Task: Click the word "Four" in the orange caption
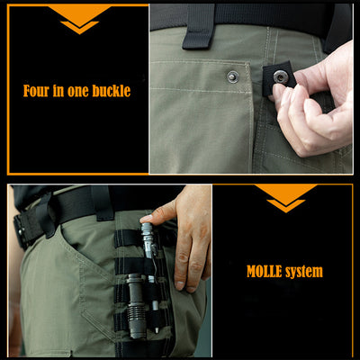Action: point(36,91)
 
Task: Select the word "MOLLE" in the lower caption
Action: point(265,272)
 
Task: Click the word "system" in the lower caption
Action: point(304,273)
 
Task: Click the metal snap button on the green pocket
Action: point(232,76)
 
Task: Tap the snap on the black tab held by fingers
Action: point(281,77)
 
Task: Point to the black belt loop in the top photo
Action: point(198,27)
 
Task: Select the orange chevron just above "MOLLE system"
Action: point(285,206)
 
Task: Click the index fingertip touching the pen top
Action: point(147,219)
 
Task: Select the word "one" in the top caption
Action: point(77,92)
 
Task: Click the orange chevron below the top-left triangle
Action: point(79,28)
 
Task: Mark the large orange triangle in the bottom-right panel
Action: point(285,192)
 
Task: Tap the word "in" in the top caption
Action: point(58,91)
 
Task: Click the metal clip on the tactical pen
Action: point(155,258)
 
